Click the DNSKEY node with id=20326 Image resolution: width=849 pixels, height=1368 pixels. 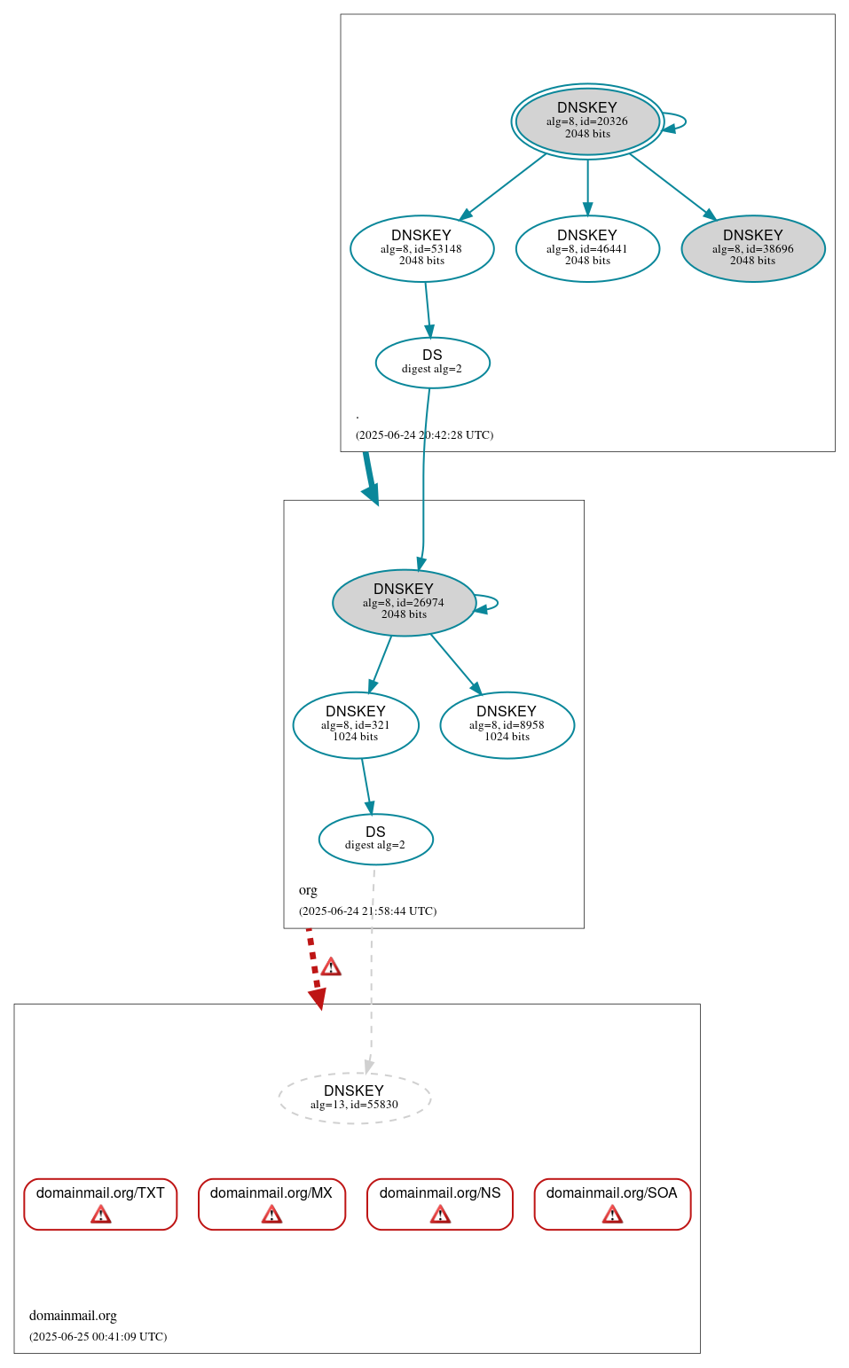click(x=587, y=121)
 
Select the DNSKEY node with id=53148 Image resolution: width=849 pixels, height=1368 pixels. click(x=421, y=248)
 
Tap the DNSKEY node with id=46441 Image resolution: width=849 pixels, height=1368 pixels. click(x=587, y=248)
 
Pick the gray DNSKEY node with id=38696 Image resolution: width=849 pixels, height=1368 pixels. click(x=752, y=248)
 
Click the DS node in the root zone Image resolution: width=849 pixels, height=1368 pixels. click(x=432, y=362)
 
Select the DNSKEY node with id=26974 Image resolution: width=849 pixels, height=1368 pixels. click(x=404, y=602)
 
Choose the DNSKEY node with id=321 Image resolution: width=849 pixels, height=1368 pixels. click(x=356, y=724)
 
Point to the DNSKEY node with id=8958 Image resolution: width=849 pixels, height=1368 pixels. click(x=507, y=724)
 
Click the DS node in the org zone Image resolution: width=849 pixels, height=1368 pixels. click(x=375, y=838)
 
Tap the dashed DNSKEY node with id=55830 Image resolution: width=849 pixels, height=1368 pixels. click(x=354, y=1098)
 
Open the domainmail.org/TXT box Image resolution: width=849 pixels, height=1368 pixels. click(x=100, y=1203)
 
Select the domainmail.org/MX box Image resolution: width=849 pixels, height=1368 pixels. click(x=271, y=1203)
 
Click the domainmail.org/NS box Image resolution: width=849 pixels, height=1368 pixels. click(x=440, y=1203)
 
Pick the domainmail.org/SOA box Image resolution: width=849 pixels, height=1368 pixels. click(x=612, y=1203)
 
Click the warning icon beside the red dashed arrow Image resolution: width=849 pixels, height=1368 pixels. click(x=331, y=966)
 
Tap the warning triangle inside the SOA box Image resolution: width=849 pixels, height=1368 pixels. click(x=612, y=1215)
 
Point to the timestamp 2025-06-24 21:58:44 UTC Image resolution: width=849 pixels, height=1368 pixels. click(x=367, y=911)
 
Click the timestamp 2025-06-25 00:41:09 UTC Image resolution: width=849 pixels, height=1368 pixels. click(x=98, y=1336)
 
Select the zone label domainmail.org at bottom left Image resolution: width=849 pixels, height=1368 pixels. click(x=73, y=1316)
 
